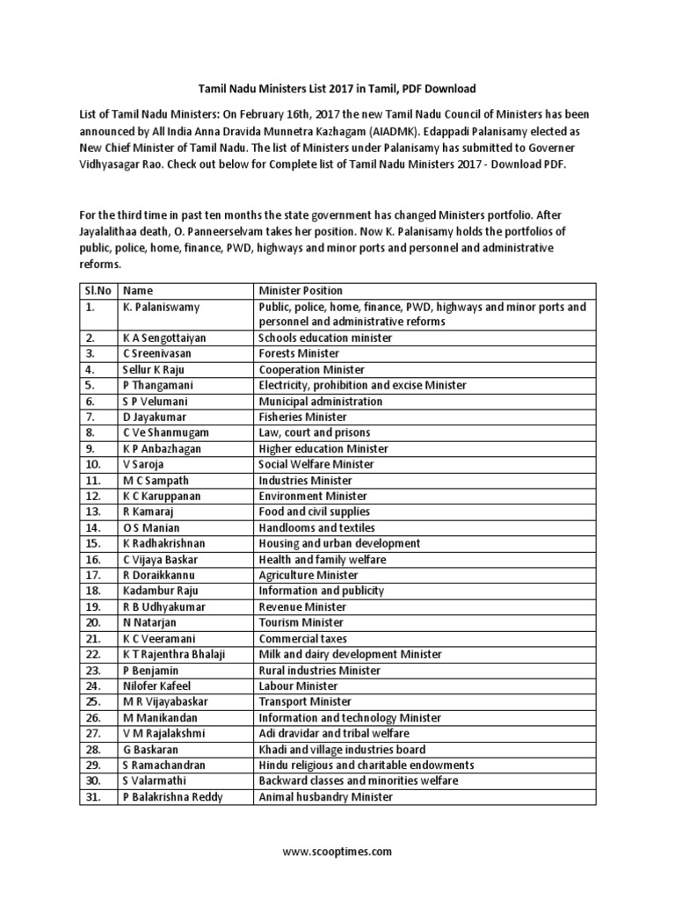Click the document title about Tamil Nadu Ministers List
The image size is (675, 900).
pos(337,89)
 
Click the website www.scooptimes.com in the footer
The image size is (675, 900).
pos(337,852)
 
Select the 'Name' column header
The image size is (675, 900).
pos(138,291)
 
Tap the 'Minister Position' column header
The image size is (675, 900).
pos(301,291)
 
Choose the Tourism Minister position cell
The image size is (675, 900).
pos(301,622)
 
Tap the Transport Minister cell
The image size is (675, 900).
pos(304,701)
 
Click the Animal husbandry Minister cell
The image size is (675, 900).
pos(325,796)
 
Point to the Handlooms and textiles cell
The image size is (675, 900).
pos(316,527)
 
